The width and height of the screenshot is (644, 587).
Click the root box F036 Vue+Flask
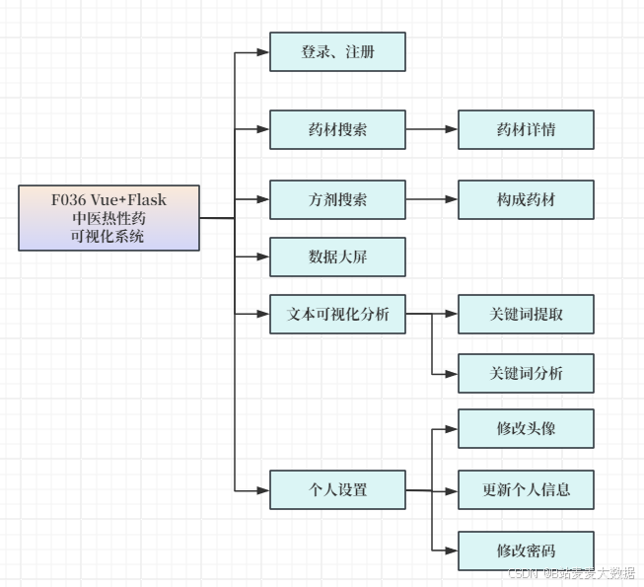(x=108, y=218)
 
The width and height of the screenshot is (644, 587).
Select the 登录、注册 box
(x=337, y=52)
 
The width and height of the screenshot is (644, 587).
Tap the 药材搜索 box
(x=337, y=129)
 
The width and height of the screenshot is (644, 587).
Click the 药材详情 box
(x=526, y=129)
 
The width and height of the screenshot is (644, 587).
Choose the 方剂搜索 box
(x=337, y=199)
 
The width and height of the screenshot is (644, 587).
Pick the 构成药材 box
(x=526, y=199)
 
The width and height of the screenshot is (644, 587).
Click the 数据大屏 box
(x=337, y=257)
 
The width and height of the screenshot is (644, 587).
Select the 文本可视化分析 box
(x=337, y=315)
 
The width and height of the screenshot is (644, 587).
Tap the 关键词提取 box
(x=526, y=315)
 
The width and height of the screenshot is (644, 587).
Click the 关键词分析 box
(x=526, y=373)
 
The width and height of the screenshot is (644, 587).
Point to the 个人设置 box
(x=337, y=489)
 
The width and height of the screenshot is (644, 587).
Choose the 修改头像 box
(x=526, y=429)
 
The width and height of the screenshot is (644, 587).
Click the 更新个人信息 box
(x=526, y=489)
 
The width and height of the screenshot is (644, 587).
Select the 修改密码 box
(x=526, y=550)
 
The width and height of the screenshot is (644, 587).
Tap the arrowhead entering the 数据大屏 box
(x=263, y=257)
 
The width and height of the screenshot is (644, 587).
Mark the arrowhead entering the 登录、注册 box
(x=263, y=52)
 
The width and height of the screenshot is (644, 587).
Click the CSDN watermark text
(x=571, y=573)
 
